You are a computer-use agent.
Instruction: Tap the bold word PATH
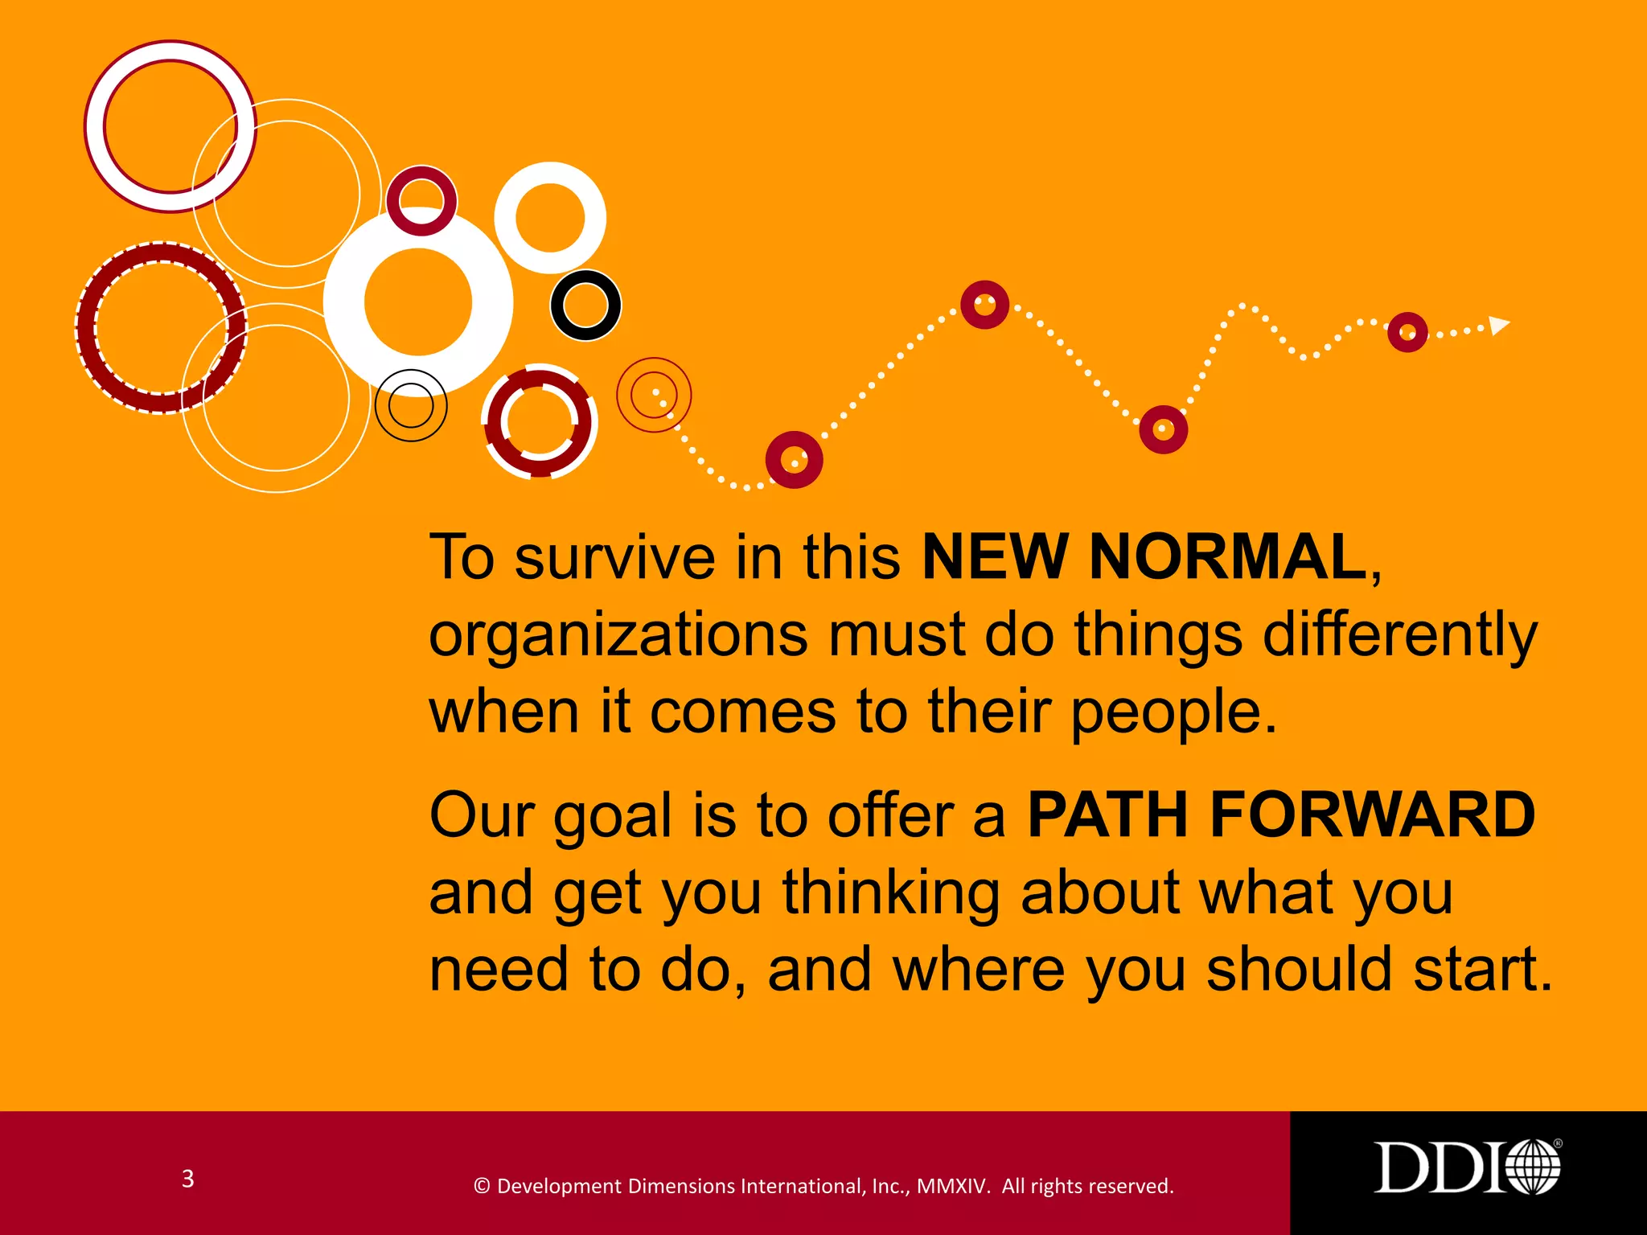click(1107, 814)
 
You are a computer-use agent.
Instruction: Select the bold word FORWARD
click(1372, 814)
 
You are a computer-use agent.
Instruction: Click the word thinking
click(890, 893)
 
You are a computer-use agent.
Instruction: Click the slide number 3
click(187, 1179)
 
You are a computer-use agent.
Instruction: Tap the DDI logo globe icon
click(1532, 1167)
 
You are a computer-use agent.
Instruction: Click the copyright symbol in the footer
click(482, 1186)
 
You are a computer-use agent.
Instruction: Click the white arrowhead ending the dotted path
click(1498, 325)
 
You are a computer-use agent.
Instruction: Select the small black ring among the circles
click(585, 305)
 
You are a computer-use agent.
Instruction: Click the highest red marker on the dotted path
click(984, 305)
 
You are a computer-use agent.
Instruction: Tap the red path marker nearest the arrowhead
click(1407, 332)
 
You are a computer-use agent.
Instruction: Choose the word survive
click(614, 557)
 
